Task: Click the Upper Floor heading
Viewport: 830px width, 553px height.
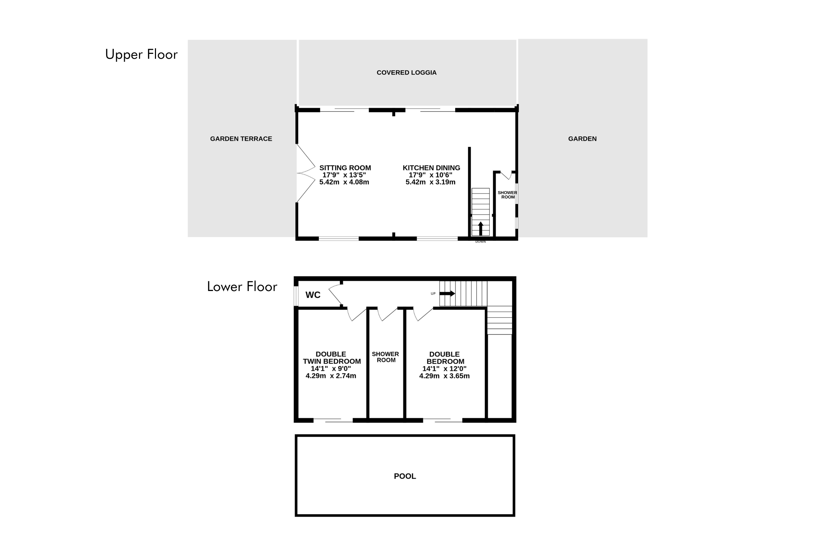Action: click(x=141, y=55)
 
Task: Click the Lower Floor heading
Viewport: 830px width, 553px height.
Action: click(x=242, y=287)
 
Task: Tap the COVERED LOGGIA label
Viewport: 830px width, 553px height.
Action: click(x=407, y=73)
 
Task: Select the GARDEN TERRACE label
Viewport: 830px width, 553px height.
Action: click(x=241, y=139)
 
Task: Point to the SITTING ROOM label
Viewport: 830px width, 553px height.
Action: click(x=345, y=168)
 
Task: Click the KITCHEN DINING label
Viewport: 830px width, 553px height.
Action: click(x=431, y=168)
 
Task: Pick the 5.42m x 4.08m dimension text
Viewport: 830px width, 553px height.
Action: click(x=344, y=182)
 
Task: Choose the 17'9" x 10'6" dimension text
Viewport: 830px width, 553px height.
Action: click(x=431, y=175)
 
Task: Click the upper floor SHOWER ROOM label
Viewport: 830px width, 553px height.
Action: click(x=507, y=195)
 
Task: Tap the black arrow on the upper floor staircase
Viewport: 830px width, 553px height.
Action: click(x=480, y=228)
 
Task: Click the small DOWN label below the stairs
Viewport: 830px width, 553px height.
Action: click(x=480, y=242)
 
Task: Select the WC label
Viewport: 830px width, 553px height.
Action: click(x=313, y=295)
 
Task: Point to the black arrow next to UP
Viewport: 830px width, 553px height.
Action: click(x=448, y=293)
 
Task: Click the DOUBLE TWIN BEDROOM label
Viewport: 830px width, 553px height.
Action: click(x=332, y=358)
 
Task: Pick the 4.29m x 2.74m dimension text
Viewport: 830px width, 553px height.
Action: click(x=331, y=376)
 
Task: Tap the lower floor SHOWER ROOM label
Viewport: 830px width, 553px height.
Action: click(x=385, y=357)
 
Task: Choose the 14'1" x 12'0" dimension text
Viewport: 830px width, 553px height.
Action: click(x=444, y=369)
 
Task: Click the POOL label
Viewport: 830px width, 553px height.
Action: click(x=405, y=477)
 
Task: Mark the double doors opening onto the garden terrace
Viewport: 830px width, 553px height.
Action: click(x=306, y=174)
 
